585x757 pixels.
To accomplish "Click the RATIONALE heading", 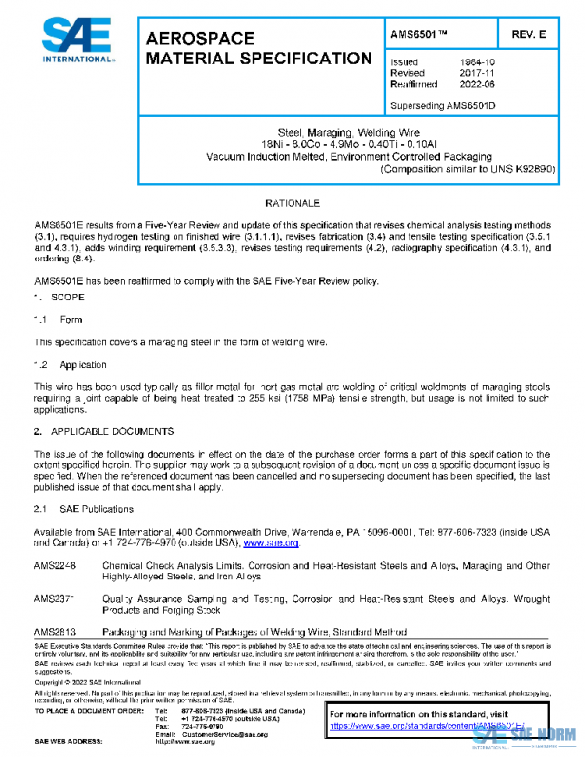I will pos(292,203).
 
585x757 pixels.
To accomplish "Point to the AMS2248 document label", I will pos(54,565).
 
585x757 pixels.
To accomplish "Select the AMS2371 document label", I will pos(54,598).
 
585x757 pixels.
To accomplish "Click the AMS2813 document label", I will pos(54,631).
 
